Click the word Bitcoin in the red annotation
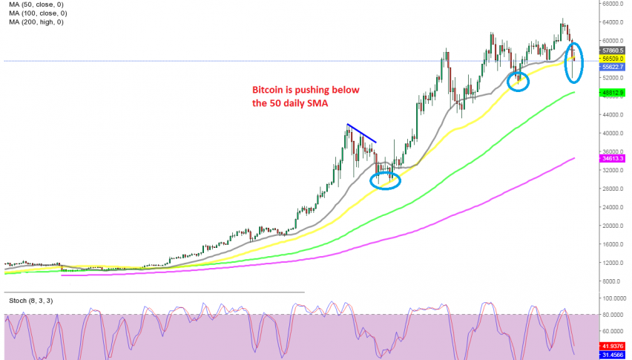pyautogui.click(x=271, y=91)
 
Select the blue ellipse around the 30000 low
pyautogui.click(x=384, y=180)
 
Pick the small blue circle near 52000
pyautogui.click(x=519, y=82)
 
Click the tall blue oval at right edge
pyautogui.click(x=573, y=62)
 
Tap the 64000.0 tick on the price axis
pyautogui.click(x=612, y=22)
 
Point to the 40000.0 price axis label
pyautogui.click(x=612, y=134)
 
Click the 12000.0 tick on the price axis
pyautogui.click(x=612, y=263)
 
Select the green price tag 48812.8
pyautogui.click(x=612, y=93)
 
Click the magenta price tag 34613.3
pyautogui.click(x=612, y=158)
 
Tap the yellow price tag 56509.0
pyautogui.click(x=612, y=58)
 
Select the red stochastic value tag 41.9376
pyautogui.click(x=612, y=345)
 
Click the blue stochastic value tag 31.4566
pyautogui.click(x=612, y=354)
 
